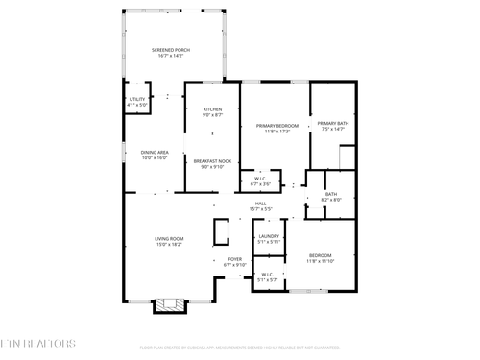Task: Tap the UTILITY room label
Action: coord(137,99)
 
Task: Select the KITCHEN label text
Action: coord(212,109)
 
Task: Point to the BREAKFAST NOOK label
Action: coord(212,160)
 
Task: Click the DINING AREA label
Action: coord(155,152)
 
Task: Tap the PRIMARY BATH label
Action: coord(333,123)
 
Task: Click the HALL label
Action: coord(260,203)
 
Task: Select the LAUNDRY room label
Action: coord(269,235)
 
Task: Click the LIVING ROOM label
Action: coord(169,238)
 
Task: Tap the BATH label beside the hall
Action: coord(330,194)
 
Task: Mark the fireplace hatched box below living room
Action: coord(171,305)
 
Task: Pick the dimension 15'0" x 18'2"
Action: coord(169,245)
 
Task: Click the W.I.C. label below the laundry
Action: coord(268,275)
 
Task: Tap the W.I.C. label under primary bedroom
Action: coord(260,178)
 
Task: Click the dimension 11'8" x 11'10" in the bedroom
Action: coord(319,261)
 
